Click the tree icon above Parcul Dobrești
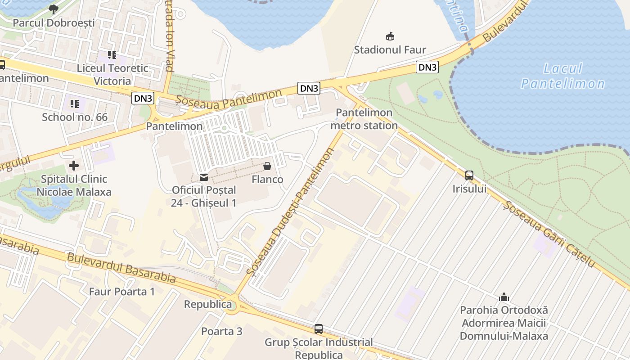[53, 9]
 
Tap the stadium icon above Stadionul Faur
[390, 36]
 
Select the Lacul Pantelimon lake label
[562, 76]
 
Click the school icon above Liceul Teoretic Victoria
[112, 55]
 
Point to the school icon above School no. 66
[75, 104]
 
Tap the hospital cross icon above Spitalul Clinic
[74, 166]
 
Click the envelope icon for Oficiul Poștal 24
[204, 177]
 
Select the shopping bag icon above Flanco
[267, 166]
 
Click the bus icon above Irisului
[469, 175]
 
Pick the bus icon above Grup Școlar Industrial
[319, 329]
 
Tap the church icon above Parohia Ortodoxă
[504, 297]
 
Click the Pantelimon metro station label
[364, 119]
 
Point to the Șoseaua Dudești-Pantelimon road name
[291, 211]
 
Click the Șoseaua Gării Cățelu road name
[549, 234]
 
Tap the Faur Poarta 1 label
[121, 292]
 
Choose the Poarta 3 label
[221, 332]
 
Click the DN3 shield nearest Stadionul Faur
[427, 67]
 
